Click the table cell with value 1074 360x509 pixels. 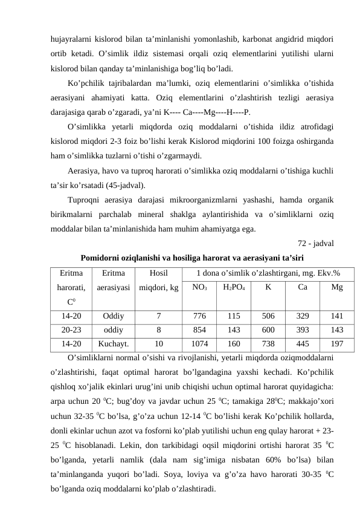[199, 344]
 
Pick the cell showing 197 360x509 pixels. [337, 344]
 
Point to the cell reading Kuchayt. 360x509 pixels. [114, 344]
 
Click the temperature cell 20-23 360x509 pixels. [72, 329]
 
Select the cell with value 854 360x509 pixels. [199, 329]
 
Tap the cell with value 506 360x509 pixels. [268, 316]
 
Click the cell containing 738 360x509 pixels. [268, 344]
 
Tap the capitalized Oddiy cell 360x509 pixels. [114, 316]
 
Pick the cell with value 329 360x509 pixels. [303, 316]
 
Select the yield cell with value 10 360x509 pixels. [158, 344]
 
